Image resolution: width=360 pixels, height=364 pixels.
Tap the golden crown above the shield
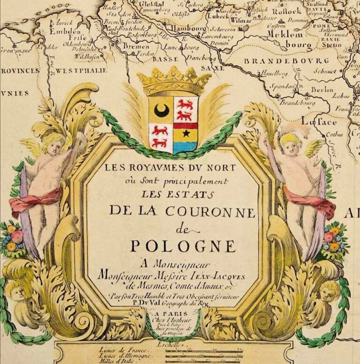pyautogui.click(x=174, y=81)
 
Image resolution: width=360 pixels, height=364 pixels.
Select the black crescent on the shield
pyautogui.click(x=161, y=111)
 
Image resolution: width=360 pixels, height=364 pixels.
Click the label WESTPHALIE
pyautogui.click(x=82, y=70)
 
